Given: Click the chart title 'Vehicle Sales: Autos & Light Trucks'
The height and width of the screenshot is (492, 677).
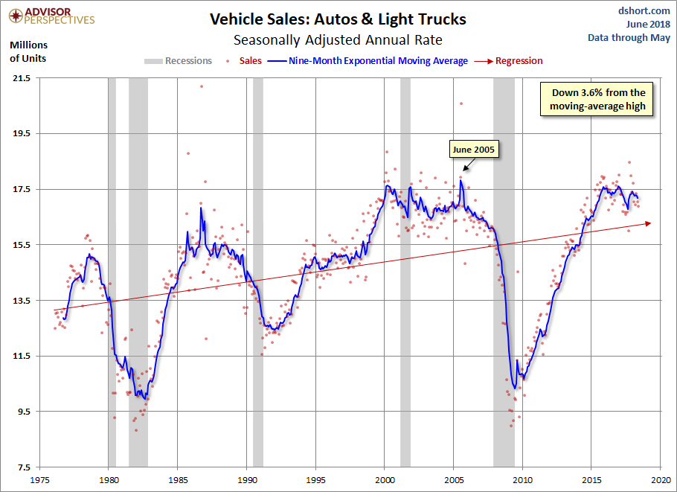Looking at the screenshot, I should (x=338, y=19).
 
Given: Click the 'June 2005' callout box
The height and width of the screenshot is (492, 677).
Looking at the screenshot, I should (x=473, y=150).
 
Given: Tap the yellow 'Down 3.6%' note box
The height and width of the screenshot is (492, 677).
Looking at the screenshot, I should (x=598, y=100).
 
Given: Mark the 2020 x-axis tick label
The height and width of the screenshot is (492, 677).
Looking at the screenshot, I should (x=661, y=481).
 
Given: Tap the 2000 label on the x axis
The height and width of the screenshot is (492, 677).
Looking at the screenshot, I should (x=385, y=481).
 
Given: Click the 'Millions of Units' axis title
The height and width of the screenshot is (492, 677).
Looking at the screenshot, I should (x=28, y=51).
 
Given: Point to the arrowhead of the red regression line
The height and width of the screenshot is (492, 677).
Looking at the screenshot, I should (x=649, y=223).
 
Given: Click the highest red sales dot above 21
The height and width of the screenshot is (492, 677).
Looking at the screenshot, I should (x=201, y=86).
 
